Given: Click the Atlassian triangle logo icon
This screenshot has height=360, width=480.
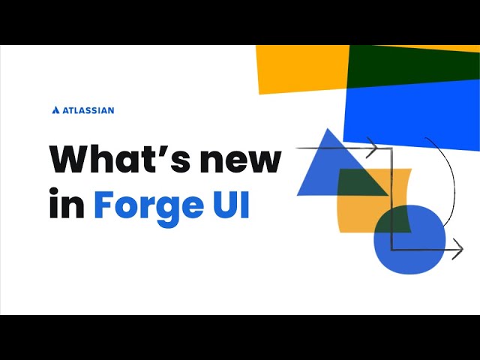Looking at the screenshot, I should tap(55, 110).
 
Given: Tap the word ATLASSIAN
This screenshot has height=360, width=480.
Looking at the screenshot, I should tap(88, 110).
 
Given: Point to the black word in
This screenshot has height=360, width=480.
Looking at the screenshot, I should tap(67, 205).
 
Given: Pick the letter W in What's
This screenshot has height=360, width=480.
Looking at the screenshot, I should tap(70, 160).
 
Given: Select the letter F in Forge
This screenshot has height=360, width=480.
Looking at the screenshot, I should tap(103, 204).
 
